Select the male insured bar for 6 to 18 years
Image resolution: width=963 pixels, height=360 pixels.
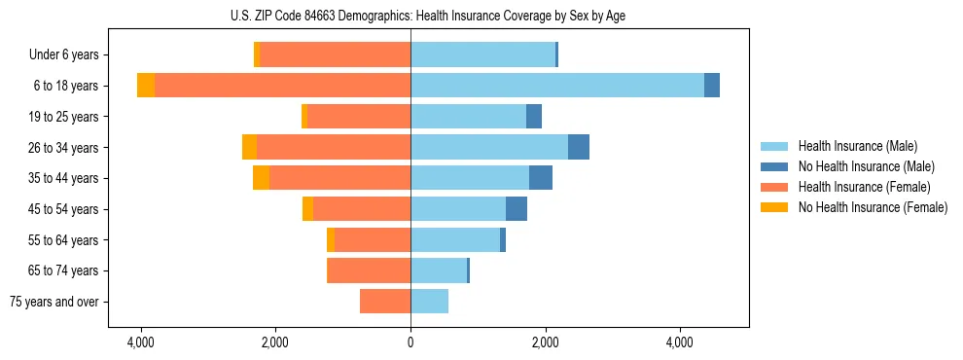coord(556,86)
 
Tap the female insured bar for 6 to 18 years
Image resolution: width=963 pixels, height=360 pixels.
coord(282,86)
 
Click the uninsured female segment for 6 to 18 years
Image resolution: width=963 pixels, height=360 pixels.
coord(146,86)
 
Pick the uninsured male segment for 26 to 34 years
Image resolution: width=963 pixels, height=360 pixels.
coord(579,147)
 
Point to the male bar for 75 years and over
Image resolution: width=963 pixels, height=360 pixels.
coord(429,302)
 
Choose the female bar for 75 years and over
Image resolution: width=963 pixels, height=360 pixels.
coord(385,302)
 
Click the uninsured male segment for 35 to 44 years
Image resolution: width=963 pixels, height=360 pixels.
coord(541,178)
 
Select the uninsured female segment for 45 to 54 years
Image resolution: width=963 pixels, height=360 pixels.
coord(307,209)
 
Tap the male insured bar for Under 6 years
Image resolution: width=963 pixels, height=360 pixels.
coord(482,54)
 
